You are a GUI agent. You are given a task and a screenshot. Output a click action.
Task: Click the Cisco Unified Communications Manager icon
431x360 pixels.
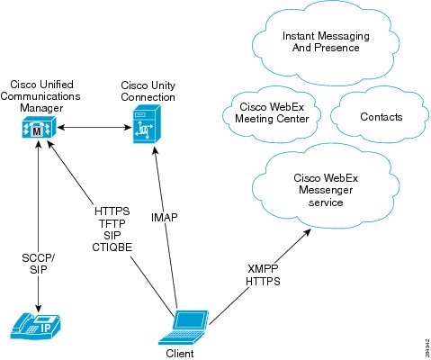coord(39,127)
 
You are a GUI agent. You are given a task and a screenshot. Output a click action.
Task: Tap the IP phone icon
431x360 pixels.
coord(36,326)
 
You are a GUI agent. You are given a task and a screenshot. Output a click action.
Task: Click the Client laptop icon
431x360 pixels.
coord(184,328)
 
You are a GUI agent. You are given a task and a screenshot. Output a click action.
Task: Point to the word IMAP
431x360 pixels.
coord(164,218)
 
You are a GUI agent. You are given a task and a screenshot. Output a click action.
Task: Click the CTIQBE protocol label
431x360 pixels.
coord(112,247)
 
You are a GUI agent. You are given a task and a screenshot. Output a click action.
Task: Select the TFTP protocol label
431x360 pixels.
coord(112,223)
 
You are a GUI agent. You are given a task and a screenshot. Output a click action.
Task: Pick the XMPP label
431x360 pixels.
coord(263,268)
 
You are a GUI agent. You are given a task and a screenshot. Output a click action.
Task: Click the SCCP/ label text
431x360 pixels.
coord(39,258)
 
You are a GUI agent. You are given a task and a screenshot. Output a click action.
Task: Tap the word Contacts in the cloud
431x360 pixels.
coord(382,117)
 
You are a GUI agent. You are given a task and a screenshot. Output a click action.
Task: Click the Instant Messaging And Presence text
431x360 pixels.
coord(326,41)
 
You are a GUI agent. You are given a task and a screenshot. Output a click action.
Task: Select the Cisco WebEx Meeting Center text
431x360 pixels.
coord(272,112)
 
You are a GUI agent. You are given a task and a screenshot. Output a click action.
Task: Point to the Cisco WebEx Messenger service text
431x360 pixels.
coord(326,190)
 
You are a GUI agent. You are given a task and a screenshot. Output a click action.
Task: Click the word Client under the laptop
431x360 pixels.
coord(180,353)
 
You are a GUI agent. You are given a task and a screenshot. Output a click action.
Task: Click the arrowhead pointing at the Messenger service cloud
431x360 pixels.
coord(306,233)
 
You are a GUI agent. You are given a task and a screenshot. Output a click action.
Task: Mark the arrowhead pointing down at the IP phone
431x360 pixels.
coord(39,308)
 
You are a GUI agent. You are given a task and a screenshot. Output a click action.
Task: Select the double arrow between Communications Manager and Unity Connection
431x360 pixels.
coord(94,127)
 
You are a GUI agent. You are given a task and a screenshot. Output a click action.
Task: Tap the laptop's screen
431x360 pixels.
coord(192,319)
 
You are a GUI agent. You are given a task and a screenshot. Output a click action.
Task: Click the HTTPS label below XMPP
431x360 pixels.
coord(263,281)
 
